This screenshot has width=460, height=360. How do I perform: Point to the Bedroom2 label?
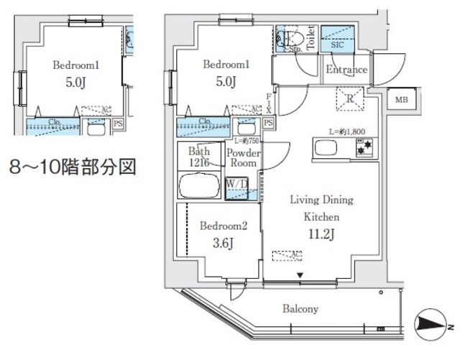pyautogui.click(x=224, y=226)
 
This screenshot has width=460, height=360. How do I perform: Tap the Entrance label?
pyautogui.click(x=346, y=70)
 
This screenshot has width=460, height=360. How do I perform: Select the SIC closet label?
pyautogui.click(x=336, y=45)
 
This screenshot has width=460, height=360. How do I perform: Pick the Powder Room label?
pyautogui.click(x=242, y=158)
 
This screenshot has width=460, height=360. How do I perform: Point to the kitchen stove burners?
pyautogui.click(x=364, y=149)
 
